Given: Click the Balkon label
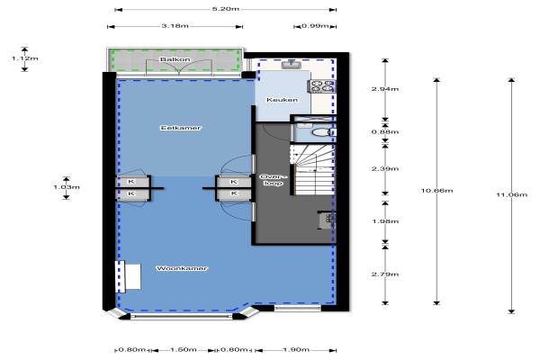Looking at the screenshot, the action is point(175,59).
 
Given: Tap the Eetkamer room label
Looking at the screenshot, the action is point(181,128).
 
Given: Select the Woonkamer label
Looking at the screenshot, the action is point(182,268).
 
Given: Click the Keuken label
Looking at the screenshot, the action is point(282,100).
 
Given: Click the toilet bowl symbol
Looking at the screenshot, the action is point(322,132).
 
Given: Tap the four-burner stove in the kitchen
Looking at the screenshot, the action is point(322,86).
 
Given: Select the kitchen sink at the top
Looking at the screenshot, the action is point(292,65).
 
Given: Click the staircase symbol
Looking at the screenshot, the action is point(312,170).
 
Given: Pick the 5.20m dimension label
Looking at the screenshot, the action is point(226,9).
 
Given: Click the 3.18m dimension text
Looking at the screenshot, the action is point(175,26).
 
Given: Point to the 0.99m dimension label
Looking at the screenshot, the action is point(315,26).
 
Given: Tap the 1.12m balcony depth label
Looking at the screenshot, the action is point(25,58).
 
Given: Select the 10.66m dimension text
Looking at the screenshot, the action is point(436,191).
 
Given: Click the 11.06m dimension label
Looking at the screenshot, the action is point(511,195).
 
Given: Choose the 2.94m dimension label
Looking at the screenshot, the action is point(385,89).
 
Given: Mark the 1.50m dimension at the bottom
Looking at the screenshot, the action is point(184,350).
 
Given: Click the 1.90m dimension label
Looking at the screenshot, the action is point(296,350).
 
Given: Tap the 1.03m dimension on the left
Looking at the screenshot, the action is point(67,187).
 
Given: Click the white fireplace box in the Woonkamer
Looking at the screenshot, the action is point(133,276).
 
